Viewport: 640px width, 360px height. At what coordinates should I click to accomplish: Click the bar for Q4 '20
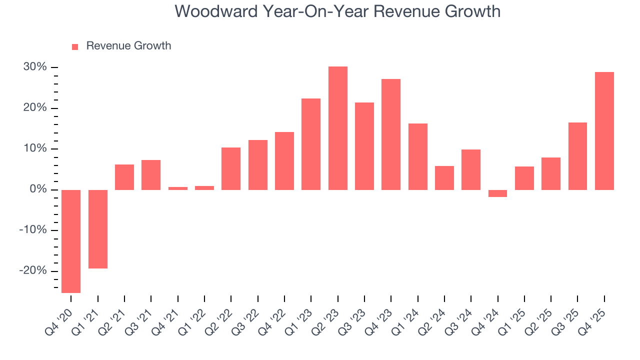click(71, 241)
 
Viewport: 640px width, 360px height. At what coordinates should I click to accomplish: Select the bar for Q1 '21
click(98, 229)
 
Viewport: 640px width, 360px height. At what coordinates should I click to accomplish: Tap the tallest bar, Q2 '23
click(338, 128)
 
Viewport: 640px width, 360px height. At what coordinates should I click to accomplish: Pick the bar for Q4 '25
click(604, 131)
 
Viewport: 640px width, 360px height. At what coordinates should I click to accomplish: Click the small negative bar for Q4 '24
click(498, 193)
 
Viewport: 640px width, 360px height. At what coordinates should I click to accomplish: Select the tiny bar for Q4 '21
click(178, 188)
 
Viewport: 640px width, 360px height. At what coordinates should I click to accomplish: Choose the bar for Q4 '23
click(391, 134)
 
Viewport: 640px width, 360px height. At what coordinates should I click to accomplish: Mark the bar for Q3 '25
click(577, 156)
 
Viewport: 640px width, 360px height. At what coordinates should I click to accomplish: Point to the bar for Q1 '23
click(311, 144)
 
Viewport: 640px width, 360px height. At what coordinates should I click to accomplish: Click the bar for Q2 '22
click(231, 168)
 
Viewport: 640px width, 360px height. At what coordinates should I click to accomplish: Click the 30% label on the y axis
click(35, 67)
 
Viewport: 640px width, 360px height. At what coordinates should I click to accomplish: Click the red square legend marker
click(75, 46)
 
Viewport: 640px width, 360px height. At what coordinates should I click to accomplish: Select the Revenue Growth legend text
click(128, 46)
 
